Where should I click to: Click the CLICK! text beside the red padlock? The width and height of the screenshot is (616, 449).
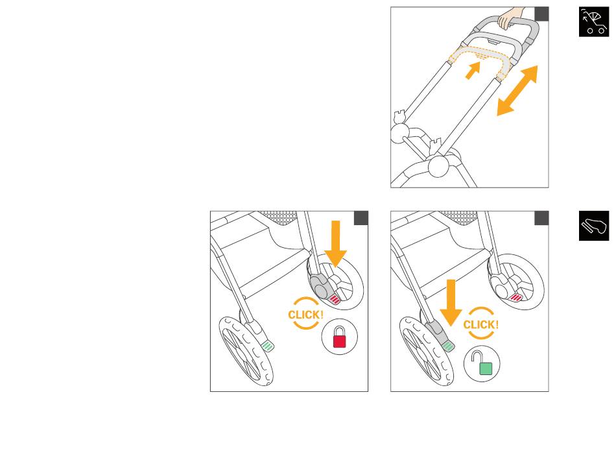coord(305,315)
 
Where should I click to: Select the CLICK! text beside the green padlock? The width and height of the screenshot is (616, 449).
coord(480,324)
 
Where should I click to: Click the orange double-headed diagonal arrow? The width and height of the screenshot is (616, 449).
coord(517,91)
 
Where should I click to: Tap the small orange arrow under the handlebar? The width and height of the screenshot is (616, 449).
coord(474,70)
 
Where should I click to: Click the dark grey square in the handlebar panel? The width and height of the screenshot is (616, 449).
coord(541,14)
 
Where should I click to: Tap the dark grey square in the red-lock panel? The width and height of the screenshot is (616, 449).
coord(361,218)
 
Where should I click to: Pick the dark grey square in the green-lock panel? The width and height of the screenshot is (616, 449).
coord(541,218)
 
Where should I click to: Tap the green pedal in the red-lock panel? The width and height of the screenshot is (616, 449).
coord(268,345)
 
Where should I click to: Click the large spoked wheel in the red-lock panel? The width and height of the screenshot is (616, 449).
coord(246,351)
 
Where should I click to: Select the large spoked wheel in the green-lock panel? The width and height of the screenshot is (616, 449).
coord(425,351)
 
